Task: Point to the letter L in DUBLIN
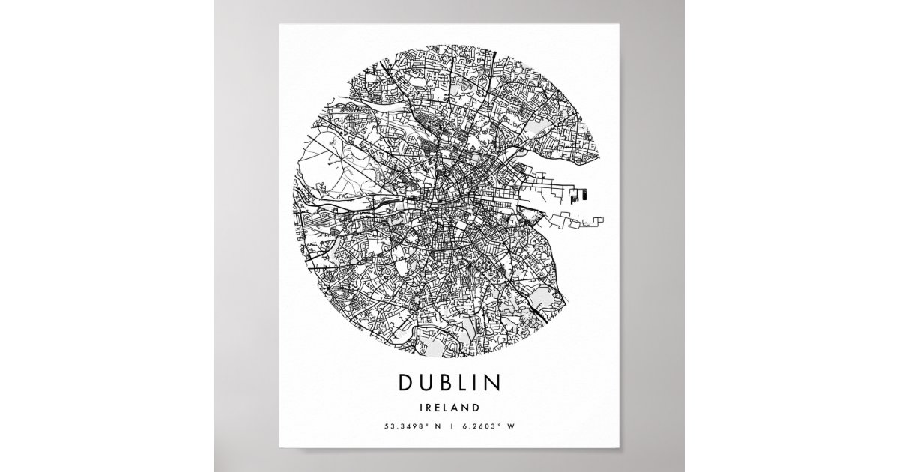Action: pyautogui.click(x=462, y=383)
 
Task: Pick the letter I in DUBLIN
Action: pyautogui.click(x=476, y=383)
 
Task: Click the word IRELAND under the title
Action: pyautogui.click(x=449, y=408)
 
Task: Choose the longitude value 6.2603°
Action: pyautogui.click(x=482, y=427)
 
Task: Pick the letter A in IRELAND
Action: pyautogui.click(x=458, y=408)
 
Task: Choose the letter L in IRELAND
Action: pyautogui.click(x=449, y=408)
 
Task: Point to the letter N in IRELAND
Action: pyautogui.click(x=467, y=408)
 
